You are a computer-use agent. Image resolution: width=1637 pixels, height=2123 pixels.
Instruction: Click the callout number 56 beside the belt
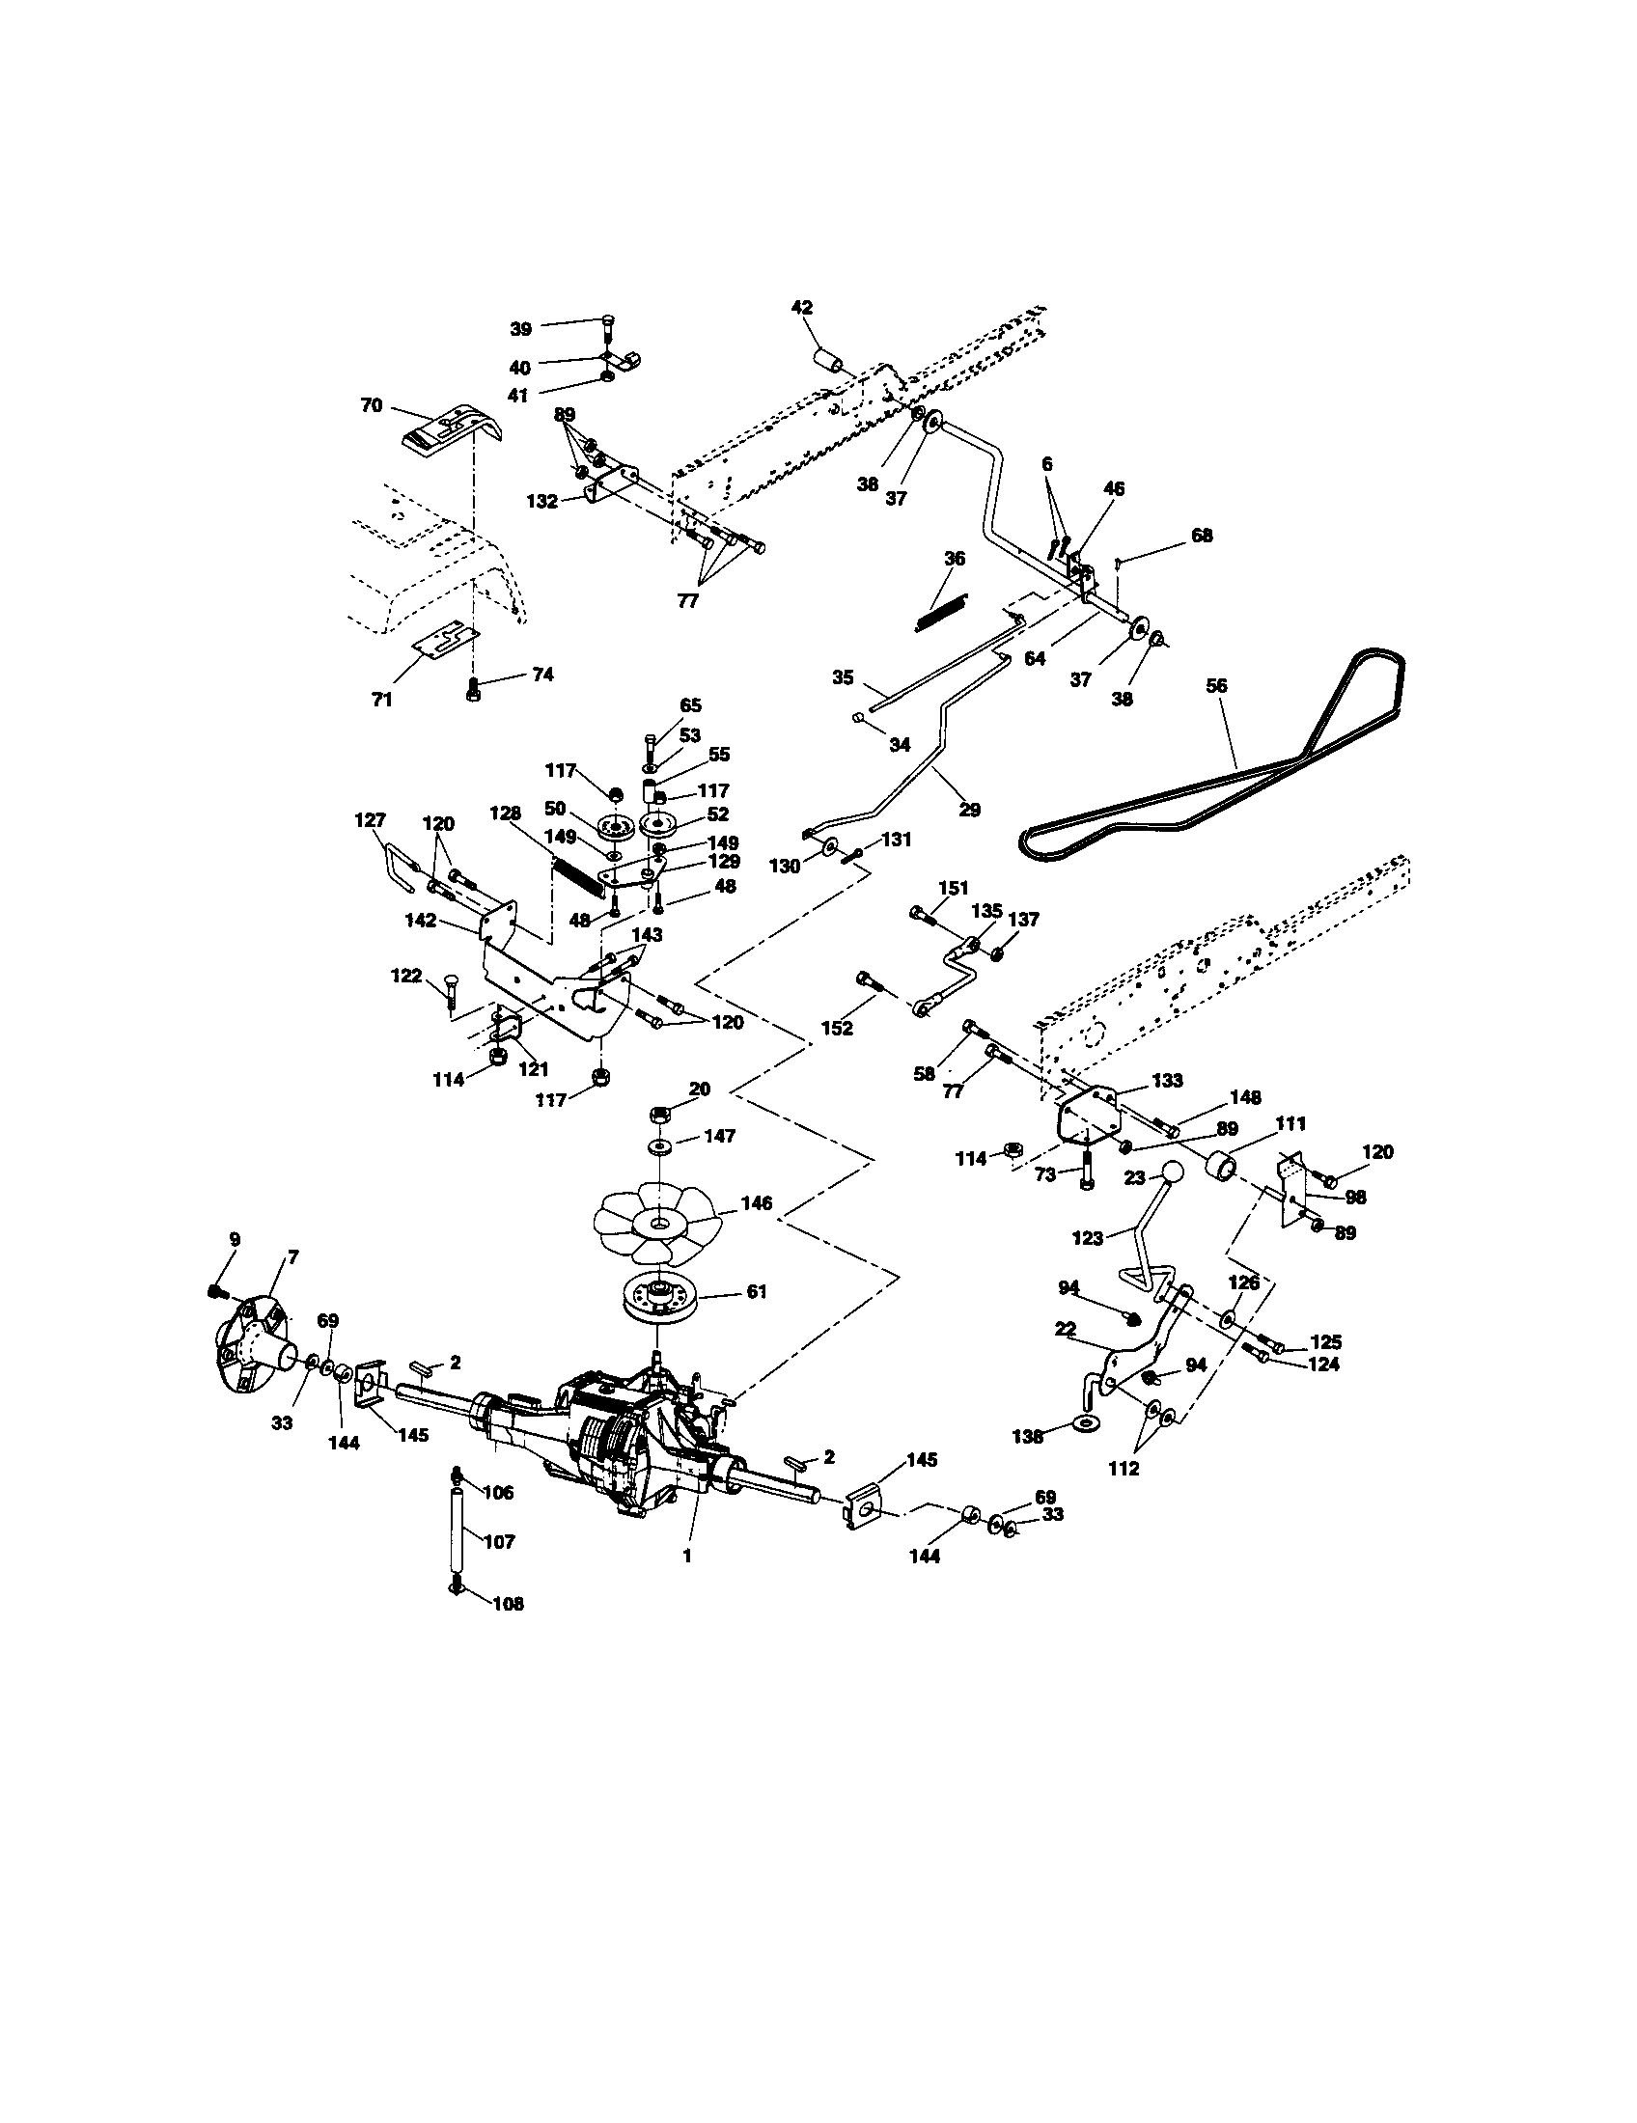(1216, 685)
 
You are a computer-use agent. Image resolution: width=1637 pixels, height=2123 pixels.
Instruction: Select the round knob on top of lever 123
(1174, 1172)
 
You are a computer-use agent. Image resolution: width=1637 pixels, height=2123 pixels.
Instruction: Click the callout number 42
(802, 308)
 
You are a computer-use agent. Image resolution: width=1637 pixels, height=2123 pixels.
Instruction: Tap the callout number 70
(372, 405)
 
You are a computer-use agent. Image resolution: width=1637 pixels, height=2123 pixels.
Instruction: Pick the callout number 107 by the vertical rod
(499, 1542)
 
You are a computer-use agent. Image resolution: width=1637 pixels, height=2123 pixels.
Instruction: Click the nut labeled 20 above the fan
(659, 1111)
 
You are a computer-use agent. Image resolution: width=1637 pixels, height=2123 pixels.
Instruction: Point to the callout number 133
(1167, 1080)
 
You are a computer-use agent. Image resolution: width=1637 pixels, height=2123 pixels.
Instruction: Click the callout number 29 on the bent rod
(968, 809)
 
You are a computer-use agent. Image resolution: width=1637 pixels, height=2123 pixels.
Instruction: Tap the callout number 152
(836, 1028)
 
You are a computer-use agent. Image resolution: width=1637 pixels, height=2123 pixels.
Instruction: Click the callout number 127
(370, 820)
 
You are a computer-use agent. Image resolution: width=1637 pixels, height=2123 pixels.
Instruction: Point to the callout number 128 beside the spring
(513, 813)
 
